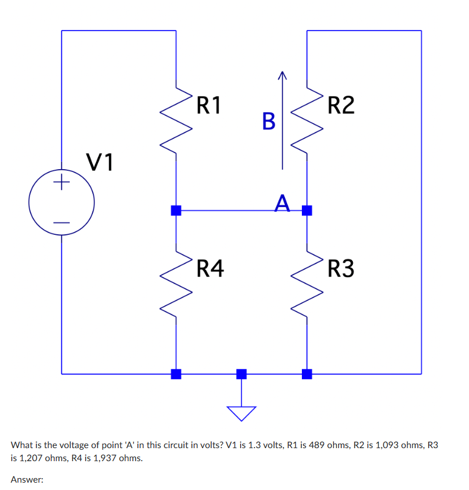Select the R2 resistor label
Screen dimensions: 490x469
[341, 105]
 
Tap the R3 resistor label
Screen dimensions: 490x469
[341, 269]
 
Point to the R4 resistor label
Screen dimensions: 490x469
[210, 268]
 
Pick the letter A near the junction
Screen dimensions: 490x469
[283, 202]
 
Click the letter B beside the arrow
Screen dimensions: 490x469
[268, 121]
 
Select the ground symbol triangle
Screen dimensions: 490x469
[242, 412]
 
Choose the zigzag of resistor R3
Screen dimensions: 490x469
[307, 283]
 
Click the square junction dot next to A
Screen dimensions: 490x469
[307, 210]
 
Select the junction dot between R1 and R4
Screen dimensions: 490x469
[176, 210]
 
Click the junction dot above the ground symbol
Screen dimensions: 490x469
[242, 373]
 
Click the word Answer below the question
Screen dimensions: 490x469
[27, 479]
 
